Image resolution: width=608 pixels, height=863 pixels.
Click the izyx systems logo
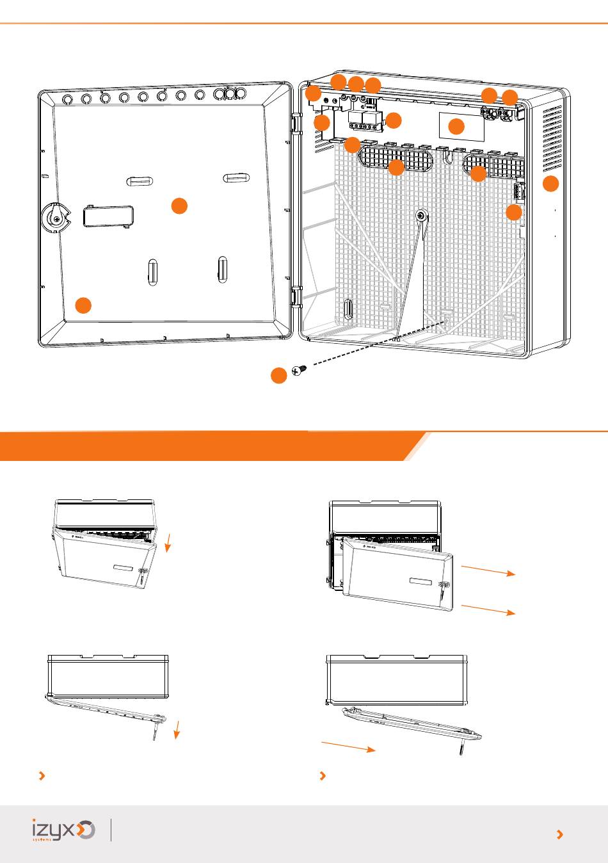pyautogui.click(x=63, y=830)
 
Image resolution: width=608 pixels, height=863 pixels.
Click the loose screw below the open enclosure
pyautogui.click(x=300, y=370)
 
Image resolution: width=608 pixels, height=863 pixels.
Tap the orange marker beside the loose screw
pyautogui.click(x=278, y=376)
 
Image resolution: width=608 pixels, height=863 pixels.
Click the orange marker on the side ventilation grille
pyautogui.click(x=550, y=184)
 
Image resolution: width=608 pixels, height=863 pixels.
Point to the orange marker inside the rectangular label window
pyautogui.click(x=456, y=126)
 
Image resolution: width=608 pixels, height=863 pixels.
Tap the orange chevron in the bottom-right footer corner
pyautogui.click(x=560, y=834)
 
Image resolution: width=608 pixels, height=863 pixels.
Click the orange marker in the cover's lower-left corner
pyautogui.click(x=83, y=305)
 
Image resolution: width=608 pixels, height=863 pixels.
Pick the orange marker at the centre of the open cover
pyautogui.click(x=180, y=206)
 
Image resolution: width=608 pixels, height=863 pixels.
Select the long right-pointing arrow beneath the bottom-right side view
pyautogui.click(x=348, y=746)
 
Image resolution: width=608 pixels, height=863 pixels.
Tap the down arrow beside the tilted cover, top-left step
pyautogui.click(x=168, y=544)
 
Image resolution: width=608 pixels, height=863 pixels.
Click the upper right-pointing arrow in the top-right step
pyautogui.click(x=488, y=570)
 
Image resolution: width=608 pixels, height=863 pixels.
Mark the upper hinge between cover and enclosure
pyautogui.click(x=297, y=123)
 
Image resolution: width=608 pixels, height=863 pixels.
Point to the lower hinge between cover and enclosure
pyautogui.click(x=297, y=297)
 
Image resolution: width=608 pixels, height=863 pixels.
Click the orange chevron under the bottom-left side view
pyautogui.click(x=42, y=776)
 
